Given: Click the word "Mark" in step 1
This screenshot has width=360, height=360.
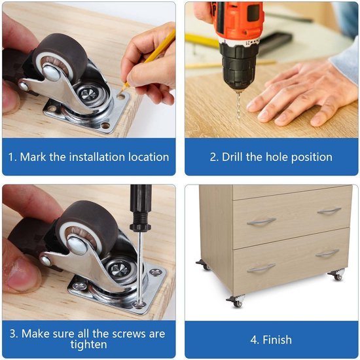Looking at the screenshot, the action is point(33,157).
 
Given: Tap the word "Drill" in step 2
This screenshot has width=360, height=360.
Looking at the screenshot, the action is point(232,157).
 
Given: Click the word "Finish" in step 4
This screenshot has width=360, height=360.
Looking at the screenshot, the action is point(277,340).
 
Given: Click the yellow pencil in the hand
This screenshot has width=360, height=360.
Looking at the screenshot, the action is point(149,60).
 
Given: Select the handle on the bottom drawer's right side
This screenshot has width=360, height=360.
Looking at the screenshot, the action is point(327,254).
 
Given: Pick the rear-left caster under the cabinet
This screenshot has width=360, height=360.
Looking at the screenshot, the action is point(204,265).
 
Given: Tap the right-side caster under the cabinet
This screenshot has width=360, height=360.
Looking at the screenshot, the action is point(336,275).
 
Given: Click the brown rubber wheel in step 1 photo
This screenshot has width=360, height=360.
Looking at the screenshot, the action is point(59,57).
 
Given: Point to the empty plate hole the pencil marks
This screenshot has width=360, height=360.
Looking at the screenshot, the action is point(120,96).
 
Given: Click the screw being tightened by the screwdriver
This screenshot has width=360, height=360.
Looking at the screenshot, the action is point(139,305).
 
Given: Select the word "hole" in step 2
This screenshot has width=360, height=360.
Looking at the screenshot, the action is point(277,157).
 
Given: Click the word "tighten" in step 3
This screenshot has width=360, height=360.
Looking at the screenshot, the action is point(88,344).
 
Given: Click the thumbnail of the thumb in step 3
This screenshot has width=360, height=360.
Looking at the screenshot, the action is point(22,274).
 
